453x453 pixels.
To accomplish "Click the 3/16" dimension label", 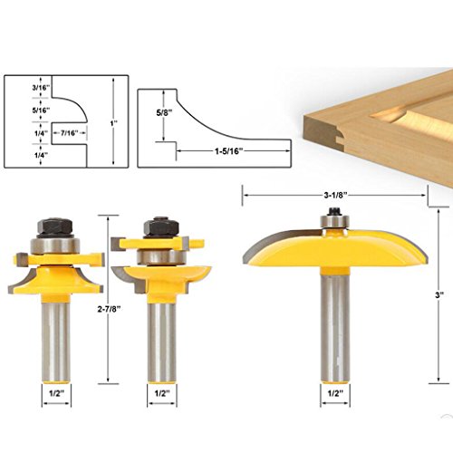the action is coord(41,88).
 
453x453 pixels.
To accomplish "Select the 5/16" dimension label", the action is coord(41,111).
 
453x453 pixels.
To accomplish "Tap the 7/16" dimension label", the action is coord(70,133).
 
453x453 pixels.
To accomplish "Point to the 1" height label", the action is coord(114,123).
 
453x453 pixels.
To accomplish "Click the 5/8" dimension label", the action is coord(164,113).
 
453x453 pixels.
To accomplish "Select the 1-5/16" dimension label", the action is coord(229,151).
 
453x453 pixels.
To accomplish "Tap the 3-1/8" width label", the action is coord(334,196).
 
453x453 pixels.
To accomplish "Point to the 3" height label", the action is coord(439,295).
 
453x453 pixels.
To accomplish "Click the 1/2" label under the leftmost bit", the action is coord(56,393).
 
